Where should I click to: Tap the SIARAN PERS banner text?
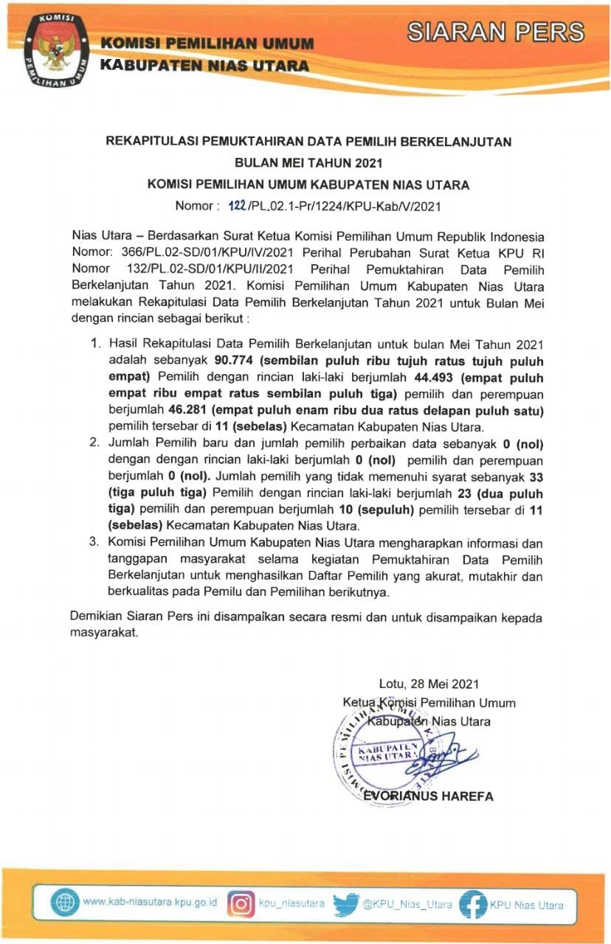(x=496, y=32)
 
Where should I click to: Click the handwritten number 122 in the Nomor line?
(x=234, y=206)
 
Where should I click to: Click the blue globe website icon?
(x=63, y=904)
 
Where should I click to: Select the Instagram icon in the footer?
(x=240, y=904)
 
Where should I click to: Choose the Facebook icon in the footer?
(x=472, y=904)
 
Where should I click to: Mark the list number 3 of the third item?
(x=94, y=542)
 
